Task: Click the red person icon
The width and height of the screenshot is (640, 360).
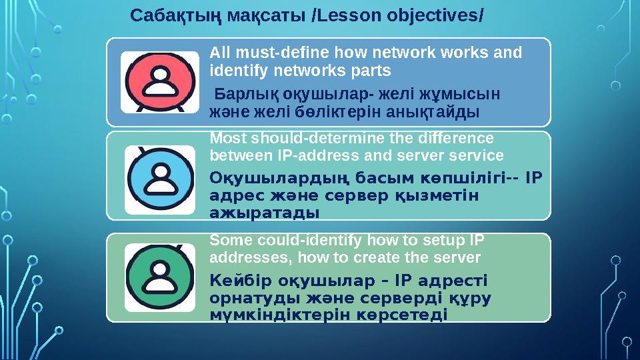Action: click(x=159, y=81)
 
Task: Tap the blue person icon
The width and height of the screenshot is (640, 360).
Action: click(x=159, y=175)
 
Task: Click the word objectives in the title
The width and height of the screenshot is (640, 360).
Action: click(x=431, y=14)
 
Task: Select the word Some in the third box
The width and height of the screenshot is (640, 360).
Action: click(x=227, y=240)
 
